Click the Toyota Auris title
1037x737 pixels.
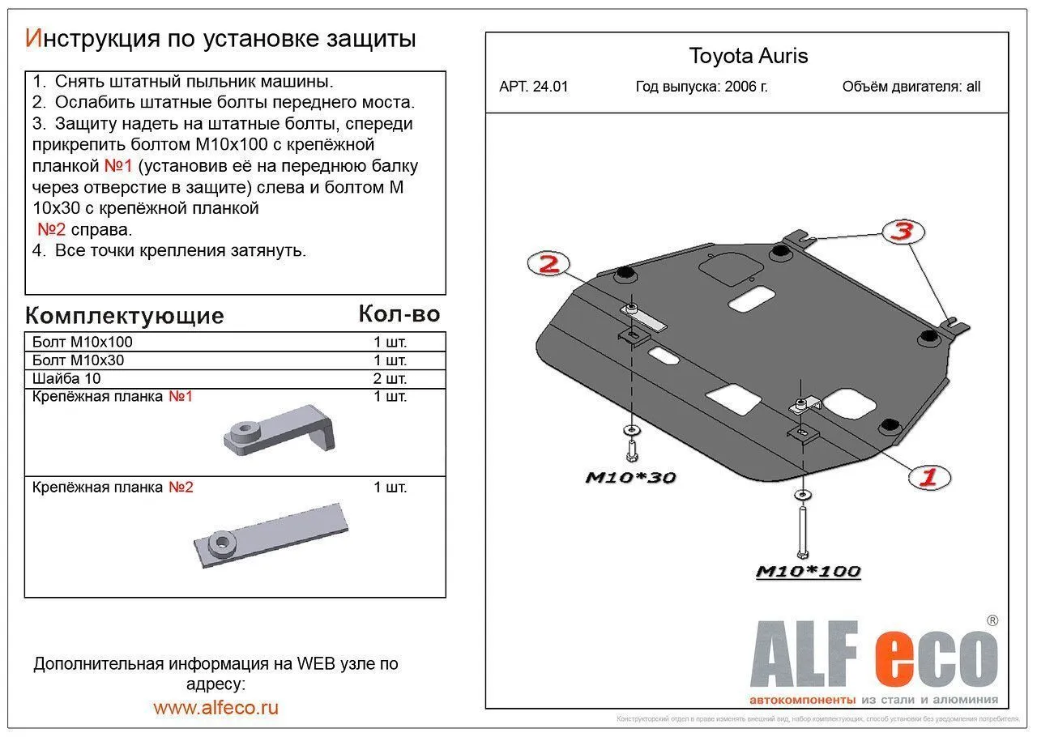pyautogui.click(x=748, y=56)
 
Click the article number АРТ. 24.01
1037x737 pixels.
pyautogui.click(x=533, y=87)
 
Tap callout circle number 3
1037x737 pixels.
pyautogui.click(x=902, y=232)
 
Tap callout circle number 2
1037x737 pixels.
pyautogui.click(x=548, y=264)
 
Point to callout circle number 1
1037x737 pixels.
pyautogui.click(x=927, y=476)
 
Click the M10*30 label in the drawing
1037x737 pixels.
pyautogui.click(x=629, y=478)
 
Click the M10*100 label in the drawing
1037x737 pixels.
pyautogui.click(x=808, y=572)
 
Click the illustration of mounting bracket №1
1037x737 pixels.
pyautogui.click(x=280, y=431)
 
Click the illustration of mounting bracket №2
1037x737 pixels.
pyautogui.click(x=271, y=536)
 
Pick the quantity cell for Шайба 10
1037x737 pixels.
pyautogui.click(x=390, y=378)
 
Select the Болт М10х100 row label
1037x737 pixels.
pyautogui.click(x=83, y=342)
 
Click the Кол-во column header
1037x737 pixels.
pyautogui.click(x=399, y=314)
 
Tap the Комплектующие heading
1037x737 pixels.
pyautogui.click(x=124, y=315)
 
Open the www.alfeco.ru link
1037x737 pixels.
pyautogui.click(x=216, y=707)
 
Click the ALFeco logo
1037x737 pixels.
pyautogui.click(x=873, y=658)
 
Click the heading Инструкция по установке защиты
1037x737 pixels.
pyautogui.click(x=220, y=38)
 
